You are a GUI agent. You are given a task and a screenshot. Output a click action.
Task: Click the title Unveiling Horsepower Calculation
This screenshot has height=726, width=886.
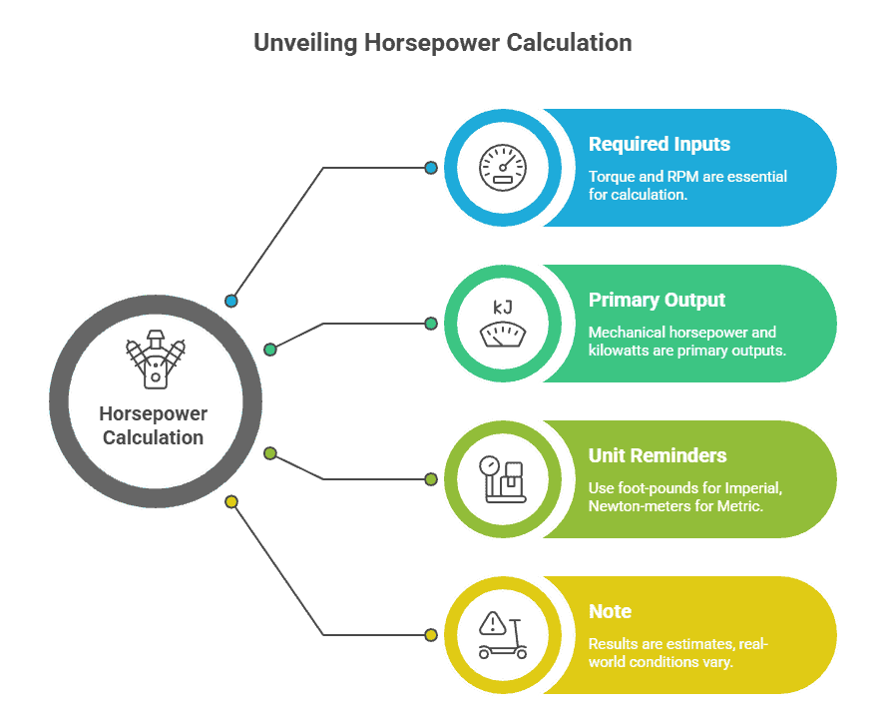coord(442,43)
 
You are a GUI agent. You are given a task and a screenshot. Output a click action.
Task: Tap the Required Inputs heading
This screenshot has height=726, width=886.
coord(659,144)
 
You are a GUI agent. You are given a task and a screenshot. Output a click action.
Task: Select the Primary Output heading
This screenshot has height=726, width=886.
coord(657,300)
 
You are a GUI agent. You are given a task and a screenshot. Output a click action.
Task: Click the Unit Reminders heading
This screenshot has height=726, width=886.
coord(658,455)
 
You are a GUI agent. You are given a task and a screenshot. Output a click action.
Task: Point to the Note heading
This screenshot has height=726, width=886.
coord(610,611)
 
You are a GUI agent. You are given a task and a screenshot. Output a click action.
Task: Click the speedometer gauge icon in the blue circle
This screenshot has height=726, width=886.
coord(502,168)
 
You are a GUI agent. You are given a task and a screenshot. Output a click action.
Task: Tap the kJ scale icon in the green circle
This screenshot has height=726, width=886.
coord(502,324)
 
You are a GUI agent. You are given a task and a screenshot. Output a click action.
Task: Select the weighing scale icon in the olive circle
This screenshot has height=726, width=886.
coord(502,479)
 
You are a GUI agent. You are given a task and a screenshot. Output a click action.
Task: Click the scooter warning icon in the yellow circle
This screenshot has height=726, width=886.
coord(502,635)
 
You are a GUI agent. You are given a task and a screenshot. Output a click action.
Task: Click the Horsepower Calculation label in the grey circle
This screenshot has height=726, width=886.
coord(154,425)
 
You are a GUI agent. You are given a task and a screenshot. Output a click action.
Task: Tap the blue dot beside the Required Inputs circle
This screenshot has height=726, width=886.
coord(431,168)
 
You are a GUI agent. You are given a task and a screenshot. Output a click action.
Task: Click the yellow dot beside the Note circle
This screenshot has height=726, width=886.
coord(431,635)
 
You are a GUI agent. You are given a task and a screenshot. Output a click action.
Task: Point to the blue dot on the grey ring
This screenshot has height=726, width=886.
coord(231,301)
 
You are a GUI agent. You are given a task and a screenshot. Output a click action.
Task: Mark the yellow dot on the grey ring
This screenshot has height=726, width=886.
coord(231,501)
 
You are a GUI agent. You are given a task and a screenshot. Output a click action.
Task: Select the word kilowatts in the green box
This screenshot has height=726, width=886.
coord(622,351)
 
